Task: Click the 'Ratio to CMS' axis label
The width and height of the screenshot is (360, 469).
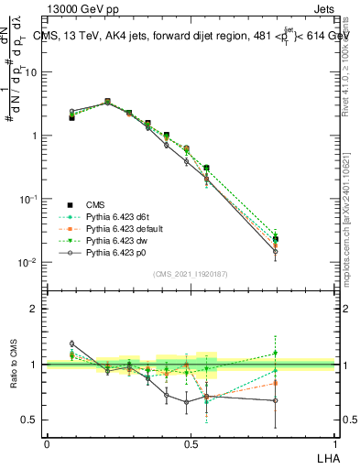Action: tap(13, 365)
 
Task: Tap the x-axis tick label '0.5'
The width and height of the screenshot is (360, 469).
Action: tap(191, 443)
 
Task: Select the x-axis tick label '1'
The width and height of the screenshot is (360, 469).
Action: tap(334, 443)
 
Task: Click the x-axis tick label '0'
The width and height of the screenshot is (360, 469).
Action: tap(47, 443)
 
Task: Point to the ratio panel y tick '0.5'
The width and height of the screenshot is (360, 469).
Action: tap(28, 420)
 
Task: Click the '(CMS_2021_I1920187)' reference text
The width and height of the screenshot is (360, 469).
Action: tap(191, 273)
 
